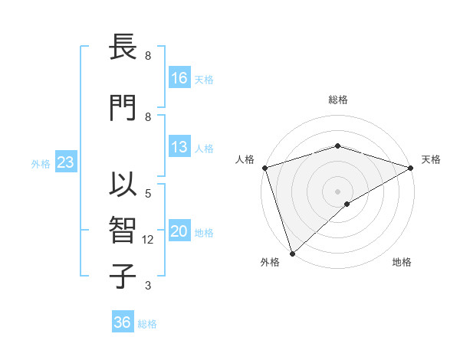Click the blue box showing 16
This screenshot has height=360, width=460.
click(x=179, y=77)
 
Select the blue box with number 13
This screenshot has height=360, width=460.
click(x=179, y=147)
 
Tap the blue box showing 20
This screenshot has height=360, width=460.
click(x=179, y=232)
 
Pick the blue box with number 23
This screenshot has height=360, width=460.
click(x=65, y=162)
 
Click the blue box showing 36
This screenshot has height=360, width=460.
click(x=123, y=322)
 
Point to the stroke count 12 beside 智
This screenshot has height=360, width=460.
click(x=148, y=240)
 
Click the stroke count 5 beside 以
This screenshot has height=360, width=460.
click(x=148, y=194)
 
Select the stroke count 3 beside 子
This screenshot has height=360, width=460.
click(x=148, y=286)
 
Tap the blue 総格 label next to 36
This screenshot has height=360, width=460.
click(x=148, y=324)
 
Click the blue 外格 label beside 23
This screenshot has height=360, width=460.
click(x=41, y=163)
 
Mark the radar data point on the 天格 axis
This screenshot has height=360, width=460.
click(x=411, y=168)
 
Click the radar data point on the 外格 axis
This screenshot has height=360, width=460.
click(x=291, y=253)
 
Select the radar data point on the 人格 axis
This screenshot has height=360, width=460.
click(x=264, y=168)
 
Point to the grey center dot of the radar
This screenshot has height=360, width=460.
click(x=337, y=191)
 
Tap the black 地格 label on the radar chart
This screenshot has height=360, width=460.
click(x=402, y=263)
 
